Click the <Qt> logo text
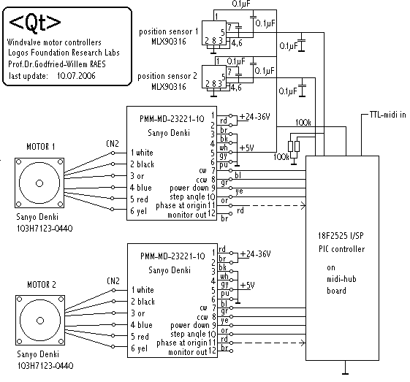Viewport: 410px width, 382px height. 35,23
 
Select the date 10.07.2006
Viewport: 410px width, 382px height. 76,76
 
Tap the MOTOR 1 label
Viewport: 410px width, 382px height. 41,147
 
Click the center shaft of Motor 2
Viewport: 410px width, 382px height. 40,321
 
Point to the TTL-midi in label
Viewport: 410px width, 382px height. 387,115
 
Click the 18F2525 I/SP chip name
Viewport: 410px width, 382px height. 341,236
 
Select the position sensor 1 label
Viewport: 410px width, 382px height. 169,32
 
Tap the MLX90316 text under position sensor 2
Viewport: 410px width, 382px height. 169,86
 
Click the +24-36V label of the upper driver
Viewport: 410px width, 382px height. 254,117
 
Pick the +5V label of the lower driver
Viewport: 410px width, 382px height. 247,285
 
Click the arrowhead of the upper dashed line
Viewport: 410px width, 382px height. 303,206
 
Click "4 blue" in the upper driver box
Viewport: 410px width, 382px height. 141,188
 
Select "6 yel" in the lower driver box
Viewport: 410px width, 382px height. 139,348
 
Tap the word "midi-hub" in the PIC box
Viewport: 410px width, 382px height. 341,279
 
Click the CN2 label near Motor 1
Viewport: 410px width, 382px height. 113,143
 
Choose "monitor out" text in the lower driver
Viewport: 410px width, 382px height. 188,352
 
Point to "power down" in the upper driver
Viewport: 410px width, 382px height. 189,188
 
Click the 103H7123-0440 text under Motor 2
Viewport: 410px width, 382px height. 45,366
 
